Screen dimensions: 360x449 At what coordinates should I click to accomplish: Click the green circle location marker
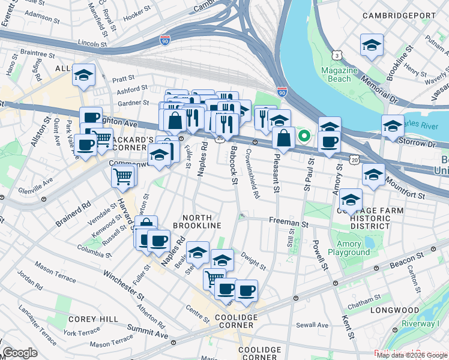[304, 136]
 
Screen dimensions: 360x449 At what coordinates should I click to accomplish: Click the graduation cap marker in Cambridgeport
[372, 46]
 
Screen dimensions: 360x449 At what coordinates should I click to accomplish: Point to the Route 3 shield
[338, 55]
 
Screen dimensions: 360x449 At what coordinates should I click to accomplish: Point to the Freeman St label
[288, 223]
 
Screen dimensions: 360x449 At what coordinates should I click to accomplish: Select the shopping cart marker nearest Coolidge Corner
[214, 279]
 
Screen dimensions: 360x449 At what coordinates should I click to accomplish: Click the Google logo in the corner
[20, 353]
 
